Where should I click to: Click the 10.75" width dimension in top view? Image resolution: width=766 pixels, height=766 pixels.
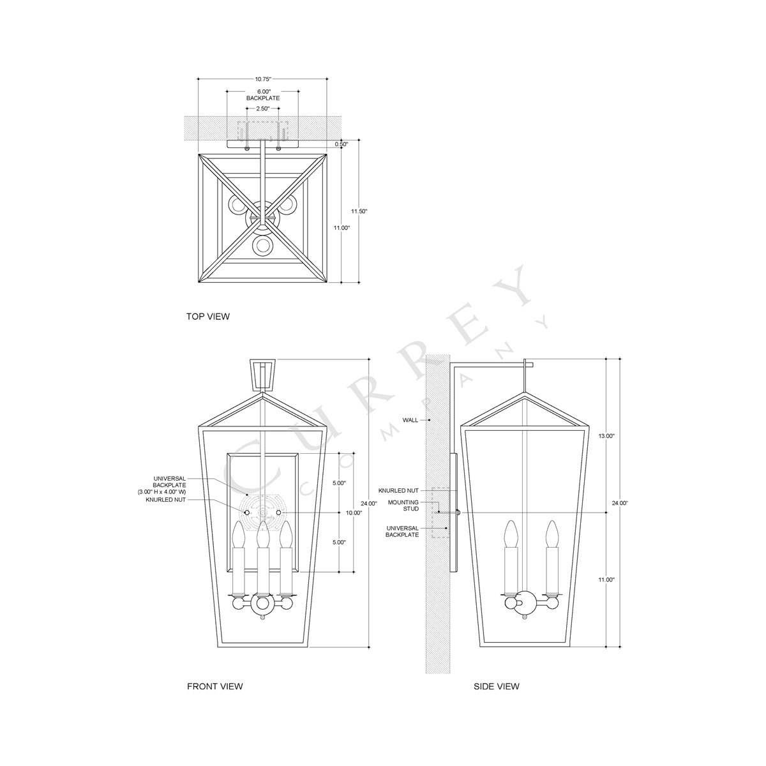[x=263, y=79]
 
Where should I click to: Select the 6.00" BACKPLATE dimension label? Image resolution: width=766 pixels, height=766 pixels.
[x=263, y=95]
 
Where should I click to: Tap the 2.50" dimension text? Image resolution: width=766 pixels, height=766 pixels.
[x=263, y=109]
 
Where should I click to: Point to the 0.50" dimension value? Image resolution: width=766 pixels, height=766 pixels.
[x=342, y=144]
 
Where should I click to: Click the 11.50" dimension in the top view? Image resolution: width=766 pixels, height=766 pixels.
[x=360, y=211]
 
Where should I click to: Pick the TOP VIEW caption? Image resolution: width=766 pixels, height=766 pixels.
[x=208, y=316]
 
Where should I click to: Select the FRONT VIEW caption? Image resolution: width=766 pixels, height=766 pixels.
[x=214, y=686]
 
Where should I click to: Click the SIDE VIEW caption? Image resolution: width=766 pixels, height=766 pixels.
[x=496, y=686]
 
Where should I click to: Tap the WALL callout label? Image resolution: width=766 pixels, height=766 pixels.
[x=410, y=420]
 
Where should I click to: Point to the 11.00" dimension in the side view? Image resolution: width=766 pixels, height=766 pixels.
[x=605, y=580]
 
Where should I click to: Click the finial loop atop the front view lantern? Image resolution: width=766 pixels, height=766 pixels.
[x=262, y=373]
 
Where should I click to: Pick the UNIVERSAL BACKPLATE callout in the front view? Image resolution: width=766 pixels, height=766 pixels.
[x=169, y=485]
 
